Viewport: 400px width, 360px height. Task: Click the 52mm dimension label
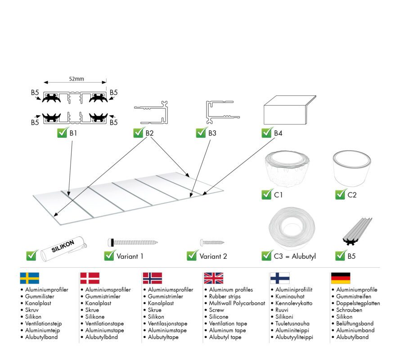(x=76, y=79)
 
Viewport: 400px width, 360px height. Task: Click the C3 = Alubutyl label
(x=295, y=256)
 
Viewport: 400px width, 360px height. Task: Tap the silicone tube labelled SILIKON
(x=63, y=249)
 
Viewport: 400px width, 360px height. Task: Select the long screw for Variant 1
(x=133, y=242)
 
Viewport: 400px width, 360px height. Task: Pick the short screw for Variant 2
(x=212, y=242)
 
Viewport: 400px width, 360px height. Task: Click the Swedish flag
(x=30, y=278)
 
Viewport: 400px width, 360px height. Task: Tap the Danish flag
(x=90, y=278)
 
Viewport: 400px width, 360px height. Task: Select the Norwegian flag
(x=152, y=278)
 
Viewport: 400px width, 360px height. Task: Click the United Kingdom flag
(x=213, y=278)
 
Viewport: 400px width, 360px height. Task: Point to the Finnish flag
(x=280, y=278)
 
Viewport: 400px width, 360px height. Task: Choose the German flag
(x=341, y=278)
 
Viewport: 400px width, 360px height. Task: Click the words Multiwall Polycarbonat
(x=237, y=303)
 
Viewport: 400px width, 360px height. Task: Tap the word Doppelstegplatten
(x=358, y=303)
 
